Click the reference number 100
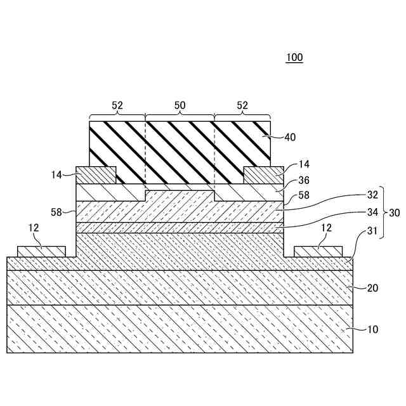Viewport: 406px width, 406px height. pyautogui.click(x=294, y=58)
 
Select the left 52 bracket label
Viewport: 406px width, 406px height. pyautogui.click(x=117, y=106)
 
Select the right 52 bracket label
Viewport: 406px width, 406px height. pyautogui.click(x=242, y=106)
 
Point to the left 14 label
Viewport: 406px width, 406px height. pyautogui.click(x=58, y=174)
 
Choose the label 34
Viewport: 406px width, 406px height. pyautogui.click(x=372, y=212)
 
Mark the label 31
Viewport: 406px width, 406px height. pyautogui.click(x=372, y=233)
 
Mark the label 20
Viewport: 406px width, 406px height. pyautogui.click(x=372, y=287)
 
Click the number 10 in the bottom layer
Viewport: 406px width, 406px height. pyautogui.click(x=372, y=329)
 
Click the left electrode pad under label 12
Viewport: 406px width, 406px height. pyautogui.click(x=41, y=252)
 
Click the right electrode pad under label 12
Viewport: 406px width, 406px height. pyautogui.click(x=318, y=252)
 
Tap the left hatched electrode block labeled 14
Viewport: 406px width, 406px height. pyautogui.click(x=96, y=174)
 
